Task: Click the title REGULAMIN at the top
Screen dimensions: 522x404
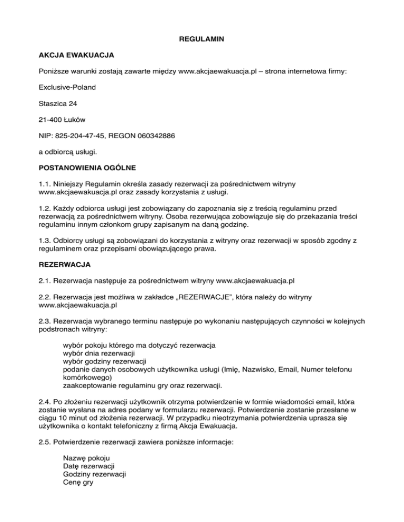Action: pos(201,39)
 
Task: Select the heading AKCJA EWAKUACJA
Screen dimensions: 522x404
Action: pos(76,55)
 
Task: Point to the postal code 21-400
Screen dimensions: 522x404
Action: pos(49,119)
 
